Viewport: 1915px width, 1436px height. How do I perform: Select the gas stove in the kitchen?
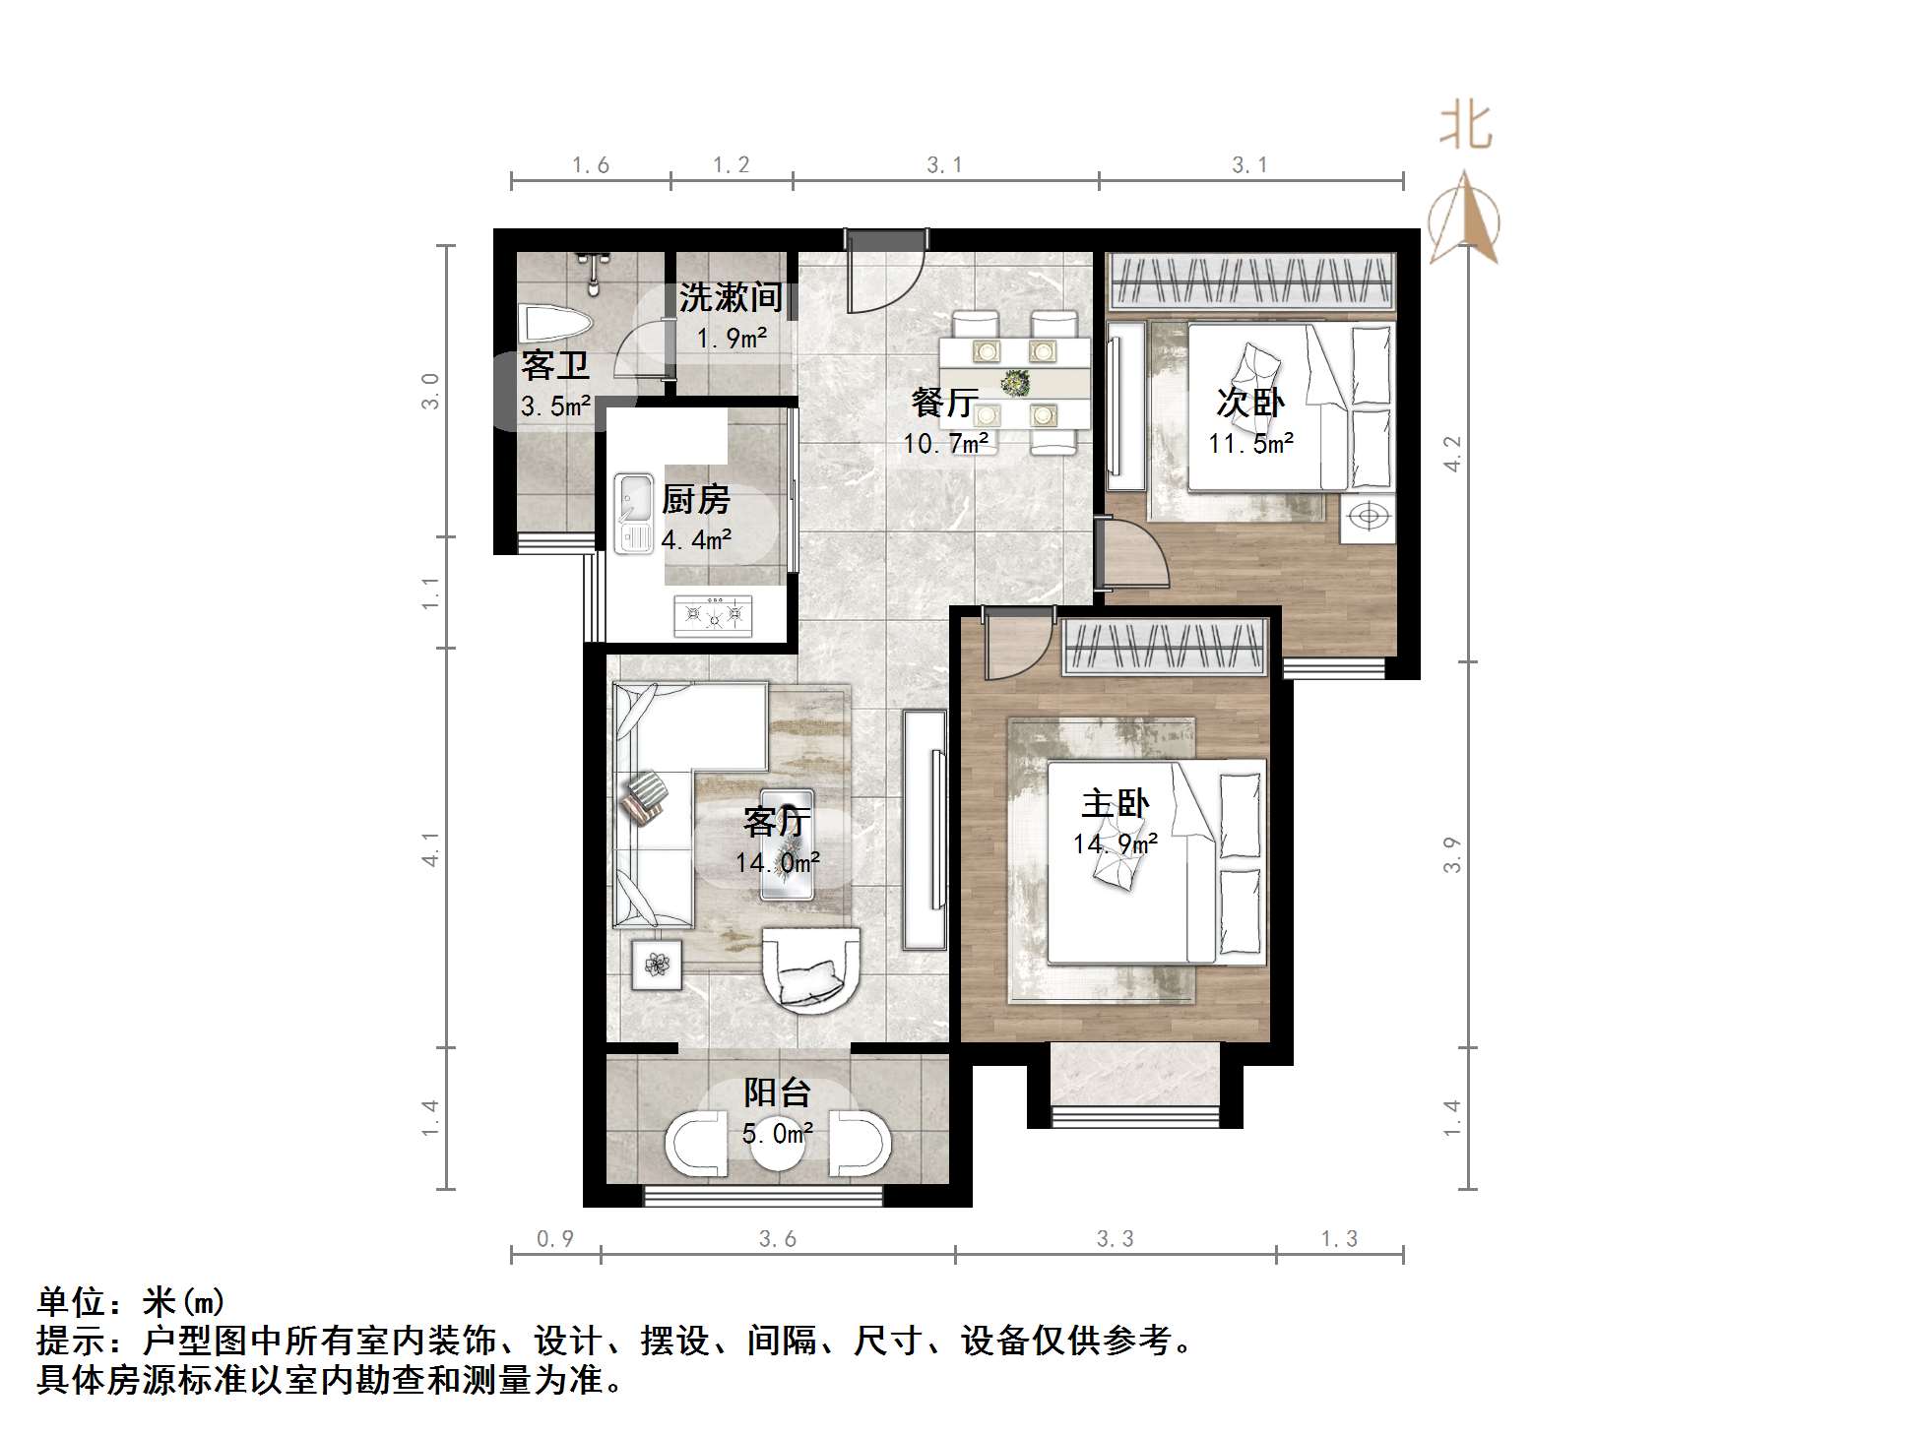click(713, 615)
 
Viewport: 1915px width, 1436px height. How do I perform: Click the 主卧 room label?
click(1115, 804)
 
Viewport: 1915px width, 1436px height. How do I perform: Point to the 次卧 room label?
click(1250, 402)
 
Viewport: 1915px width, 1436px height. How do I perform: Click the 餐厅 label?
click(944, 402)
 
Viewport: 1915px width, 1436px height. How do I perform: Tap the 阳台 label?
click(777, 1093)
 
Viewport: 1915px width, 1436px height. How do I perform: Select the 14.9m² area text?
click(1115, 843)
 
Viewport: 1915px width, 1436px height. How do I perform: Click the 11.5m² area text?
click(1250, 443)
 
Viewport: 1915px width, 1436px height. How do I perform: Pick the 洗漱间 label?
click(731, 296)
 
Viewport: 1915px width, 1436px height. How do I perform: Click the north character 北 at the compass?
click(1465, 128)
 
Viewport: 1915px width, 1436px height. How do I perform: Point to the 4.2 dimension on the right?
click(1453, 454)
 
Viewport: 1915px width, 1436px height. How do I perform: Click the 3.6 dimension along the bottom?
click(777, 1239)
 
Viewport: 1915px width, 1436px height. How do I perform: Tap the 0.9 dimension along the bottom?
click(554, 1239)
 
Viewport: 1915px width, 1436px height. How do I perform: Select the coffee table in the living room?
click(787, 843)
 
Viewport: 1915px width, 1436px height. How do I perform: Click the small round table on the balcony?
click(778, 1147)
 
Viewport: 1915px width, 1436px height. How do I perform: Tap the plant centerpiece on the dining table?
click(1014, 380)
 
